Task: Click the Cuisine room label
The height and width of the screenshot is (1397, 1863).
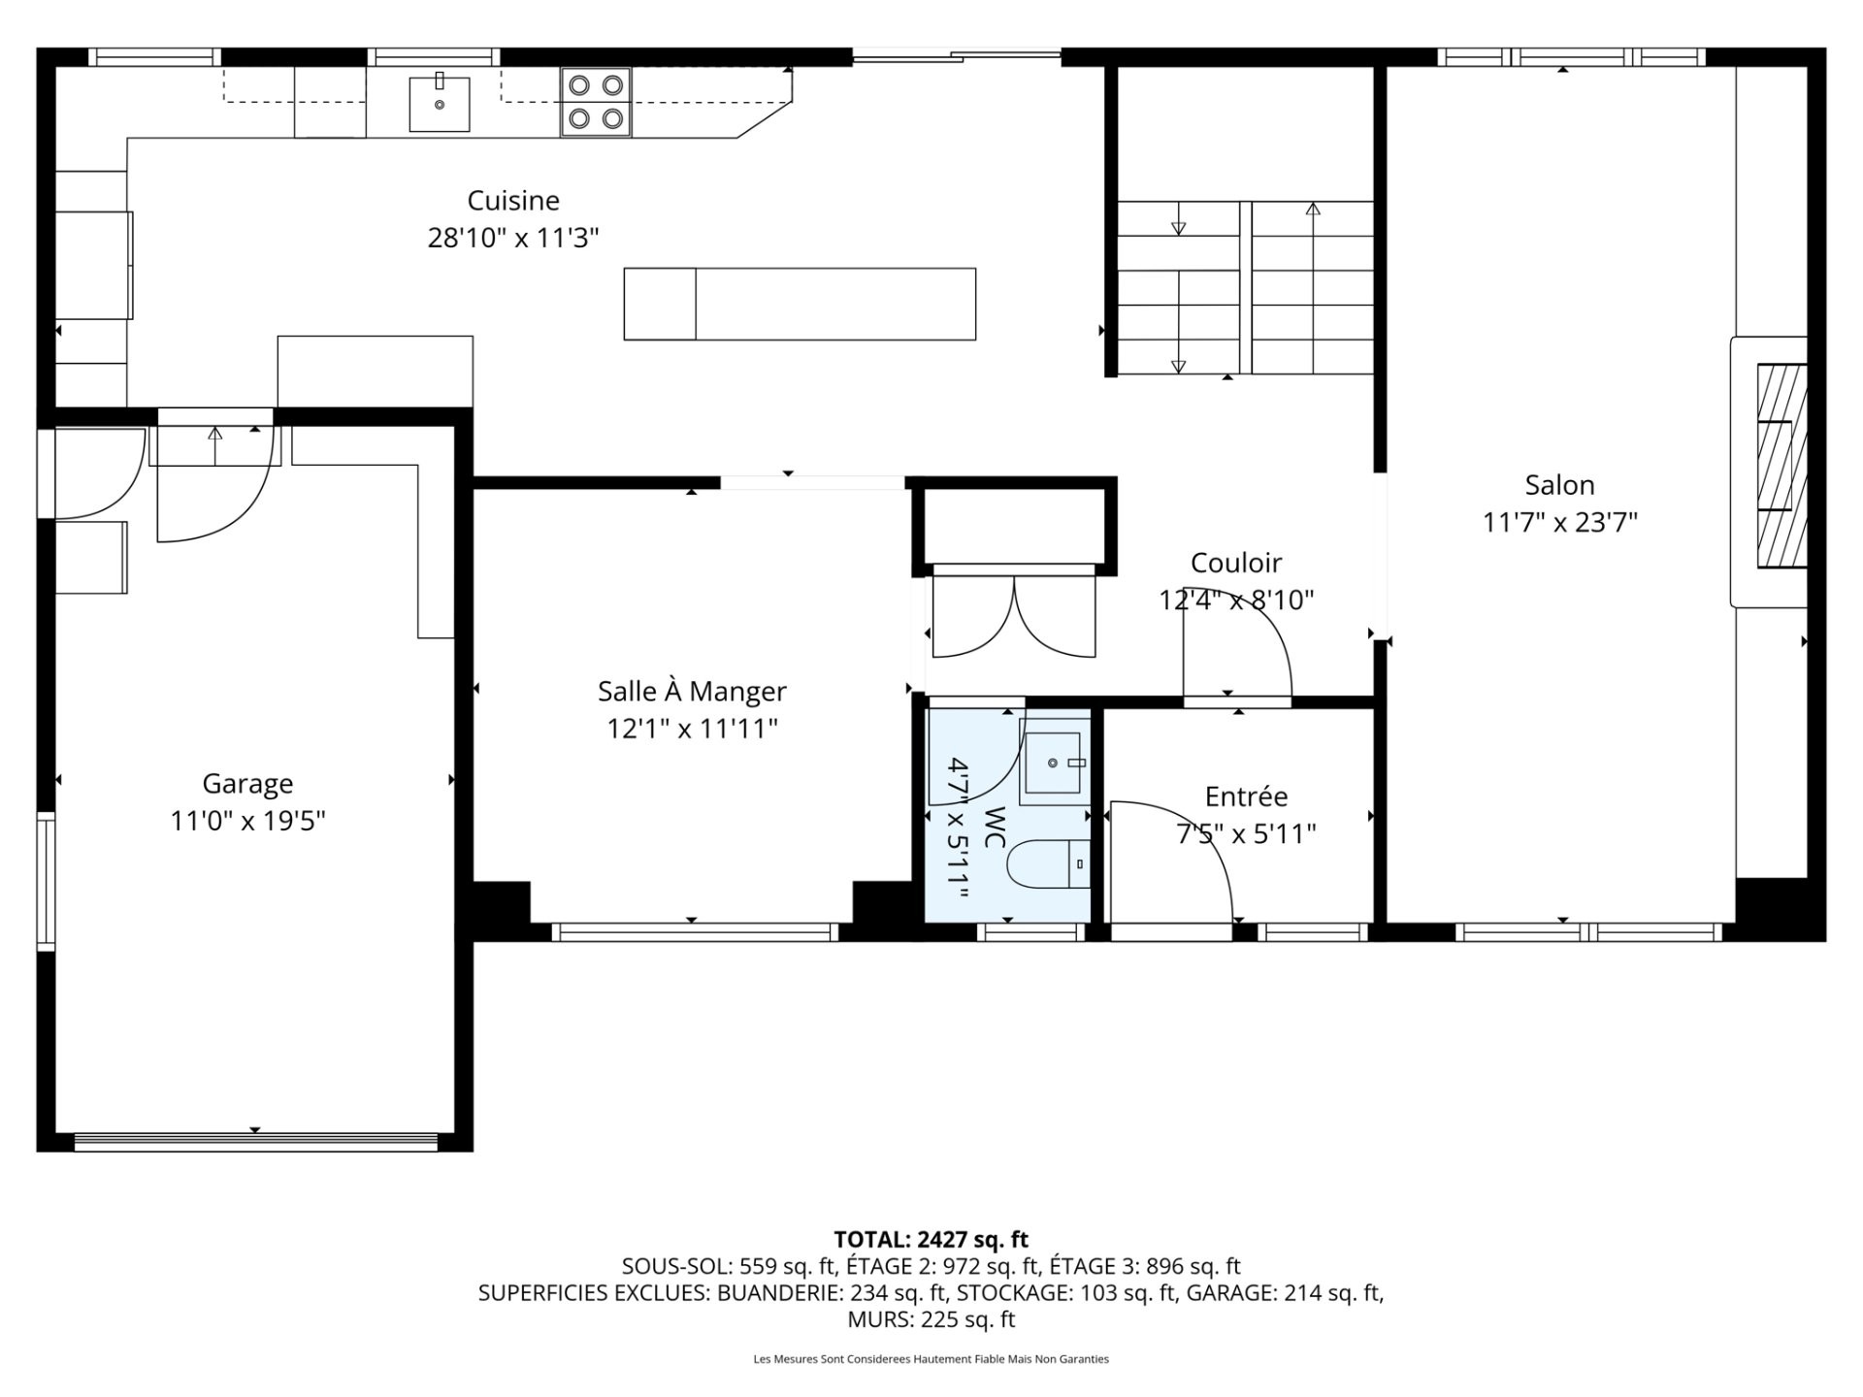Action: click(513, 201)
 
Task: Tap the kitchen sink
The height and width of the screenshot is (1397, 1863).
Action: click(439, 104)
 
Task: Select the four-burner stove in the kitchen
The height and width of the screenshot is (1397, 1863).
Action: click(596, 102)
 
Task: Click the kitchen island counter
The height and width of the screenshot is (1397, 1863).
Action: click(800, 304)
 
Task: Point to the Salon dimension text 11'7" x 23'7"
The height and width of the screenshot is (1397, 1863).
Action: click(1560, 523)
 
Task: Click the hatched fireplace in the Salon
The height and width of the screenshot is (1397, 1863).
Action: click(1782, 466)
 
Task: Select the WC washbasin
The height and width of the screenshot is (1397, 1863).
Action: click(1055, 763)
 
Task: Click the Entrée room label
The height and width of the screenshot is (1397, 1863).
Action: click(1246, 796)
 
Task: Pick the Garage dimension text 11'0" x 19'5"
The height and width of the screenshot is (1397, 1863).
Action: click(247, 822)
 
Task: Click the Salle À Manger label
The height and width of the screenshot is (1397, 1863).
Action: click(692, 692)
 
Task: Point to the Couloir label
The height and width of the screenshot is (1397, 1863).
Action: click(1236, 563)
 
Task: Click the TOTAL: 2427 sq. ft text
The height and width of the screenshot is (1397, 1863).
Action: click(931, 1239)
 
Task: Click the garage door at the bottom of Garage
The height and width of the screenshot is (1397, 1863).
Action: click(256, 1142)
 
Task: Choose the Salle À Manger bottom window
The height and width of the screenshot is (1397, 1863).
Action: click(695, 932)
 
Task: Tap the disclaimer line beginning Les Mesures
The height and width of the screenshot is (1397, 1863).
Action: click(931, 1359)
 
